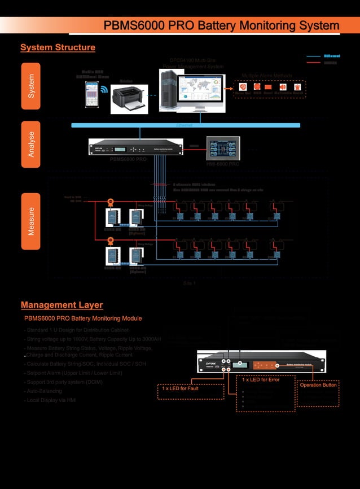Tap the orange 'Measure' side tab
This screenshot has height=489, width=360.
[x=31, y=221]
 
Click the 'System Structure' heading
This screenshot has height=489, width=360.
[x=58, y=48]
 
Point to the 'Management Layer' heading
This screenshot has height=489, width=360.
[x=62, y=305]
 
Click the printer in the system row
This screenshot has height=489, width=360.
[x=129, y=98]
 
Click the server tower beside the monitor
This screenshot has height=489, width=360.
[x=168, y=89]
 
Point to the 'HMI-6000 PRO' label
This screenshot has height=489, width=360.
[x=223, y=164]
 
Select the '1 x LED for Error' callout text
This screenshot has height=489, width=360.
[x=261, y=380]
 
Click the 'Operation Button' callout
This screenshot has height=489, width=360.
[x=318, y=385]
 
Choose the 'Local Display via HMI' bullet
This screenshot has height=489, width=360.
[x=50, y=400]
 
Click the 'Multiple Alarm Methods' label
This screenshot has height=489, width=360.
[x=267, y=75]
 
